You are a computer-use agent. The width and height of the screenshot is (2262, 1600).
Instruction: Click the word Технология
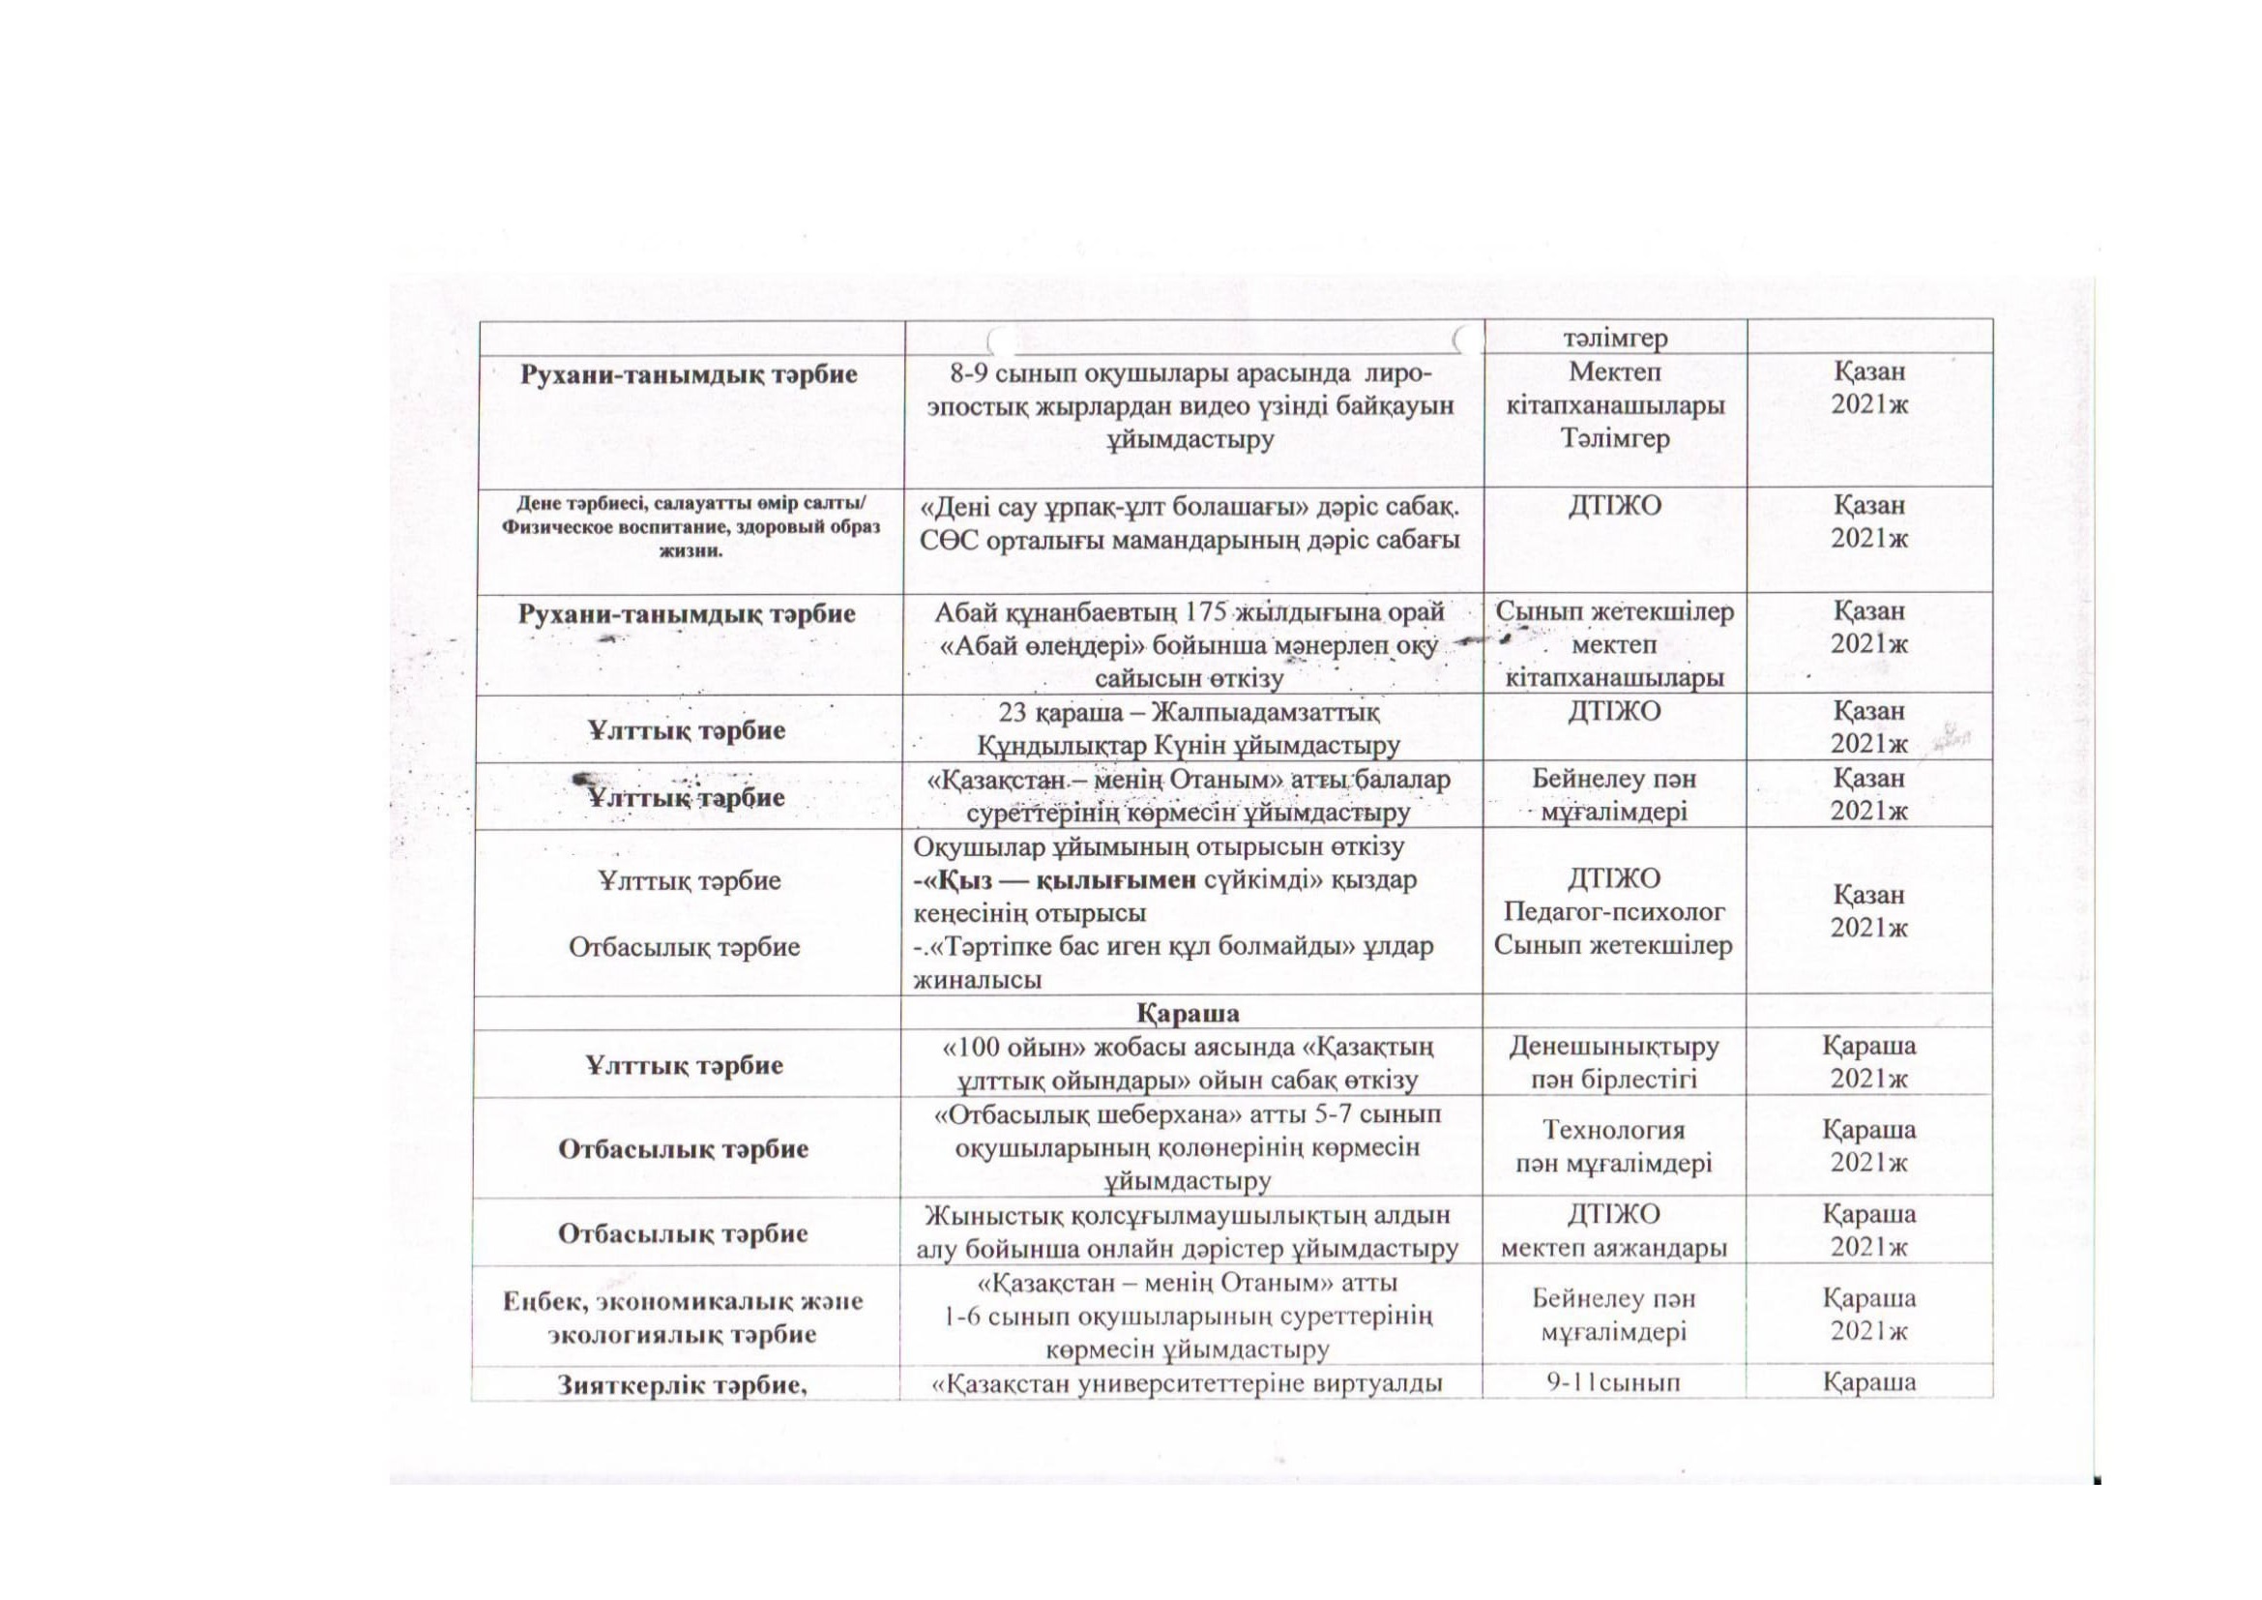(x=1613, y=1130)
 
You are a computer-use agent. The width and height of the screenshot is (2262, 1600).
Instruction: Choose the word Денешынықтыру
(x=1614, y=1046)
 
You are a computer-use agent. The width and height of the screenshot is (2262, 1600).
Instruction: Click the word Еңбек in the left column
(x=539, y=1300)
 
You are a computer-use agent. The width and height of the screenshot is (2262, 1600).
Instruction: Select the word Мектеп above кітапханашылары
(x=1615, y=372)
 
